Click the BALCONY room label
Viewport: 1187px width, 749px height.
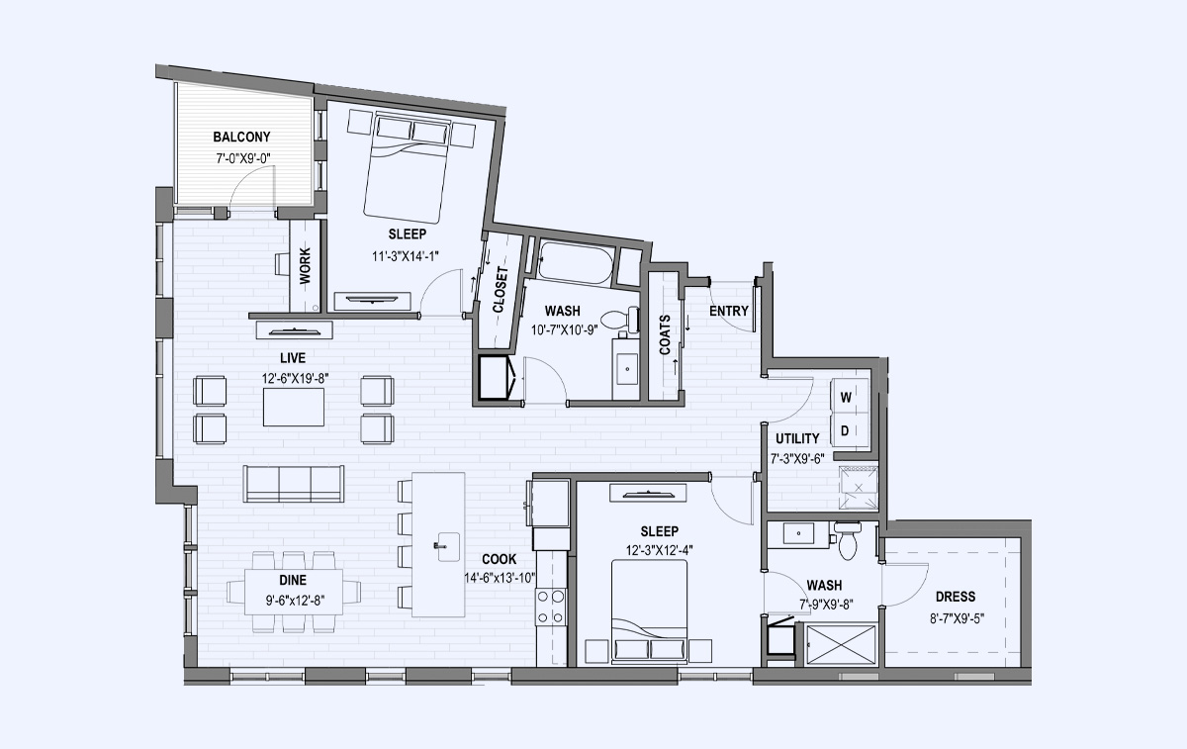coord(241,138)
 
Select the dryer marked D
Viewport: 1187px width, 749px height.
coord(846,430)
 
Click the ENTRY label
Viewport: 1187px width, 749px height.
coord(729,313)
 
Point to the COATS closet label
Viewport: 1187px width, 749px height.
coord(666,334)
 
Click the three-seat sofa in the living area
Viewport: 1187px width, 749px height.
coord(293,484)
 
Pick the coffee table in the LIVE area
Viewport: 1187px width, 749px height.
coord(294,407)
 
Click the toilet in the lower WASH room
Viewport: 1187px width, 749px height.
coord(848,540)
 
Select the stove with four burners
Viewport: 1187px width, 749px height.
coord(549,606)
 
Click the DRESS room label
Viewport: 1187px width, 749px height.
coord(955,597)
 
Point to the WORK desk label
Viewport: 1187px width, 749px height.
coord(305,266)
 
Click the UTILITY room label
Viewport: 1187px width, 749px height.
coord(796,438)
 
